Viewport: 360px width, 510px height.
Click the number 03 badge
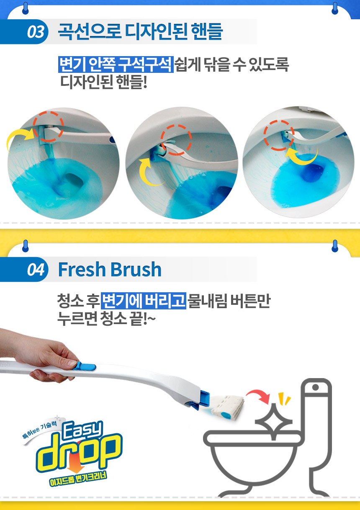pyautogui.click(x=36, y=32)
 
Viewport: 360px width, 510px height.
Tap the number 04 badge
pyautogui.click(x=36, y=270)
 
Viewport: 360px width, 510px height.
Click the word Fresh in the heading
pyautogui.click(x=81, y=269)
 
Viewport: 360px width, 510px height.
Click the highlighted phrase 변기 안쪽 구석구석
pyautogui.click(x=116, y=64)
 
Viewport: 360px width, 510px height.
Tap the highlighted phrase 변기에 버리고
pyautogui.click(x=143, y=301)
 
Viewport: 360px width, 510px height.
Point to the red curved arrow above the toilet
pyautogui.click(x=258, y=394)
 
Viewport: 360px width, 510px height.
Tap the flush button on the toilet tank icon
pyautogui.click(x=315, y=387)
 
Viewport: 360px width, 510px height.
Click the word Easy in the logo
pyautogui.click(x=82, y=431)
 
